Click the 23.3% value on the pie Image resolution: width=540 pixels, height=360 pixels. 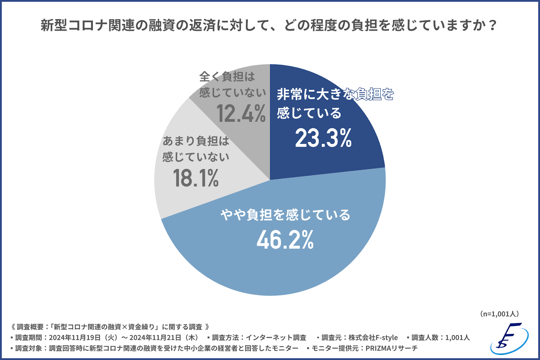(x=323, y=138)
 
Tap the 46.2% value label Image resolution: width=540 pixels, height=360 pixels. (x=285, y=240)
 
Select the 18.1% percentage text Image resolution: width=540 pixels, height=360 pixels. (x=196, y=178)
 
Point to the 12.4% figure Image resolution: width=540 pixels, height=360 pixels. (x=241, y=113)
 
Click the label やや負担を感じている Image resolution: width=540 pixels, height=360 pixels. (x=286, y=215)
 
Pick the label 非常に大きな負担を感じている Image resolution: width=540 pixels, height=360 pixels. (x=335, y=103)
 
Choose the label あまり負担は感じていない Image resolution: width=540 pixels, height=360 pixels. (x=196, y=149)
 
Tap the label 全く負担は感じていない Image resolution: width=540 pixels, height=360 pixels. (x=232, y=84)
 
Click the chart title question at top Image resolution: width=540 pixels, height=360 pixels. (x=268, y=25)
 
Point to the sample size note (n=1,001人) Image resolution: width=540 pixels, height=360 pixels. (x=499, y=314)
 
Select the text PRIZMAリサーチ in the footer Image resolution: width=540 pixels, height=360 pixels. (x=391, y=348)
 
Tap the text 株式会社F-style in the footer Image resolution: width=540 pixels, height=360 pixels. (x=373, y=337)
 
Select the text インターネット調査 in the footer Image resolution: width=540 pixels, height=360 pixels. (x=276, y=337)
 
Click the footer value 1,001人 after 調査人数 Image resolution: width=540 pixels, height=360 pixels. (x=457, y=337)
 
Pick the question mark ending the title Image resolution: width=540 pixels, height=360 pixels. (x=493, y=25)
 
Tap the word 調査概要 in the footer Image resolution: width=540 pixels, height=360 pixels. (x=30, y=327)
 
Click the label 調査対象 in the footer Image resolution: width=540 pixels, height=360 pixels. (x=29, y=348)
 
